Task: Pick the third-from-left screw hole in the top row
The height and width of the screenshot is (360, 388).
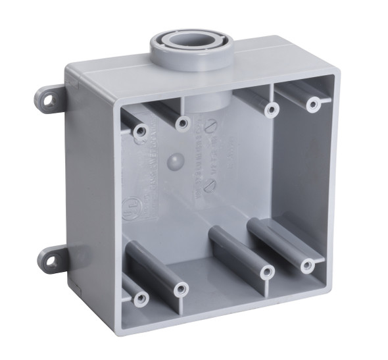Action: point(270,110)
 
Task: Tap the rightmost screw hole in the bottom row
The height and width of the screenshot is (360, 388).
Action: point(307,265)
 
